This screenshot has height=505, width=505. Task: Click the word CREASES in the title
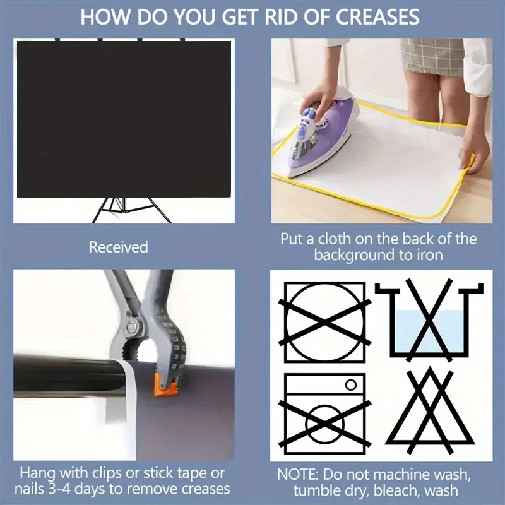click(377, 17)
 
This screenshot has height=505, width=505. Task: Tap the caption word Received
click(119, 247)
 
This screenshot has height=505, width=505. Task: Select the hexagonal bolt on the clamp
click(131, 326)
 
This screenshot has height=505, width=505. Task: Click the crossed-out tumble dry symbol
click(324, 323)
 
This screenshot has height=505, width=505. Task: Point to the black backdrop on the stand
click(124, 119)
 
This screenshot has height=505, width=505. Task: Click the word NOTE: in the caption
click(297, 475)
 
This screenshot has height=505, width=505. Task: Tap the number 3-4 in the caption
click(59, 489)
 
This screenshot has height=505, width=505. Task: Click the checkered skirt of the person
click(432, 56)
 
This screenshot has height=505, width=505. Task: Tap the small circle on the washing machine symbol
click(351, 384)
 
